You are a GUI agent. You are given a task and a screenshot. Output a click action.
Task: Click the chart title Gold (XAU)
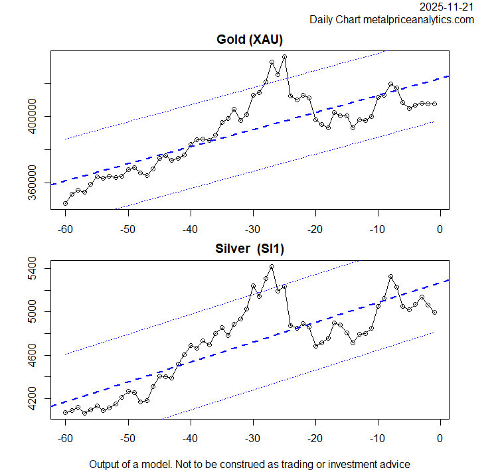tap(250, 40)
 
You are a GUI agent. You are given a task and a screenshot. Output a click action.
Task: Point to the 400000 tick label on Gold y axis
tap(33, 117)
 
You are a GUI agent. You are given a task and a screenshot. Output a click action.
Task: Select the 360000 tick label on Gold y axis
tap(33, 183)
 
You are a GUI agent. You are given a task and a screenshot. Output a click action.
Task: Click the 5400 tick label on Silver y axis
tap(33, 269)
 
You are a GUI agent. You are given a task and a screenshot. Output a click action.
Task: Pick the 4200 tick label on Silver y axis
tap(33, 399)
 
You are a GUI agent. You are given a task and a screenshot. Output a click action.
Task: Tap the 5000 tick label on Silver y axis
tap(33, 312)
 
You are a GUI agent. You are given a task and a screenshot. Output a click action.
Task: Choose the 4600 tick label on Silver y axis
tap(33, 356)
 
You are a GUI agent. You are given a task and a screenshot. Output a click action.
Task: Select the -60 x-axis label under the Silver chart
tap(65, 439)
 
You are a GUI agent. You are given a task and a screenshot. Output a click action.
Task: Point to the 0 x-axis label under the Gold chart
tap(440, 230)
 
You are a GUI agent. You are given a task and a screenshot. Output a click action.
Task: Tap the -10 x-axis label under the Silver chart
tap(377, 439)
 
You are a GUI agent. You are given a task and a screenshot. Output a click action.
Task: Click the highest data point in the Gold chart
tap(284, 57)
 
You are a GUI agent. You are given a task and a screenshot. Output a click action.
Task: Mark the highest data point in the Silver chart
tap(272, 267)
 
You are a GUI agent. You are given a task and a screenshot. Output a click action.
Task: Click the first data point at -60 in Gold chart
tap(65, 203)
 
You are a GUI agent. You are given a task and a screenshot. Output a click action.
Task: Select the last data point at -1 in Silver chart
tap(434, 312)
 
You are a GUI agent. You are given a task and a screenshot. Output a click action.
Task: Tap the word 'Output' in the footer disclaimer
tap(105, 464)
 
